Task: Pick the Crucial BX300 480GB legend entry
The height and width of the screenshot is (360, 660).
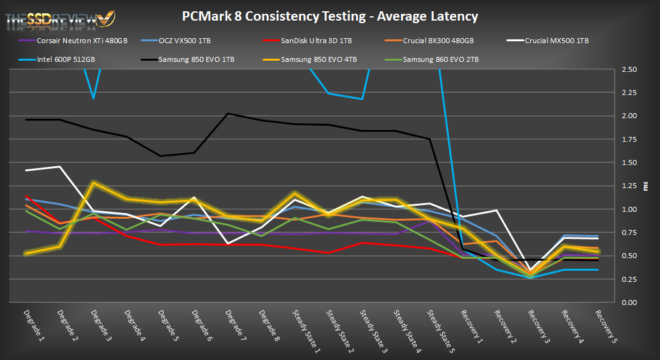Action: pyautogui.click(x=437, y=41)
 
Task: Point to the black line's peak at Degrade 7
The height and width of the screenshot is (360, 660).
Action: pyautogui.click(x=228, y=113)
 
